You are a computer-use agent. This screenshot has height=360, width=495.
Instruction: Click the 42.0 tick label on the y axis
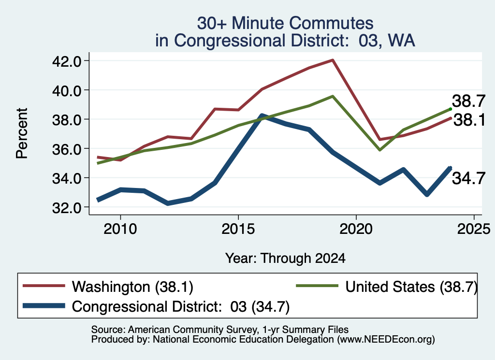pyautogui.click(x=66, y=61)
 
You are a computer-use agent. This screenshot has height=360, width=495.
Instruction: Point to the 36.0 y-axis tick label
pyautogui.click(x=66, y=149)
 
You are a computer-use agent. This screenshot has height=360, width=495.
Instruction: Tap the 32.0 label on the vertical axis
pyautogui.click(x=66, y=208)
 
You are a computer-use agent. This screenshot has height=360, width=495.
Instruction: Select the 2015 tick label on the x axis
pyautogui.click(x=238, y=229)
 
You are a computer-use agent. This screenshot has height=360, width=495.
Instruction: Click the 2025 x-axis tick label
pyautogui.click(x=474, y=229)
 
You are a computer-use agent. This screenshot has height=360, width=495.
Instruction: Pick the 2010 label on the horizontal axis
pyautogui.click(x=120, y=229)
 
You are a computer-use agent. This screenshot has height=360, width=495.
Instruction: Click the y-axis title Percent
pyautogui.click(x=22, y=133)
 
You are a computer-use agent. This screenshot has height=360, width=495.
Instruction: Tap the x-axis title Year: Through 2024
pyautogui.click(x=285, y=258)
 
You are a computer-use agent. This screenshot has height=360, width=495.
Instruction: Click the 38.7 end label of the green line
pyautogui.click(x=468, y=101)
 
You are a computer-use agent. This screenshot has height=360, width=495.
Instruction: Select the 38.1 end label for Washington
pyautogui.click(x=469, y=120)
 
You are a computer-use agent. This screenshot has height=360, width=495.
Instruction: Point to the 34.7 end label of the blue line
pyautogui.click(x=468, y=178)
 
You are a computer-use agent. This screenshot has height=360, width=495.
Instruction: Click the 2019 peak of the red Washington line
pyautogui.click(x=333, y=60)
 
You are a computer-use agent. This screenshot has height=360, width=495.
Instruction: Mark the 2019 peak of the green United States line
pyautogui.click(x=333, y=96)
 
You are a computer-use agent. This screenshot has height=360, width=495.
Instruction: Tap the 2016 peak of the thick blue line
pyautogui.click(x=262, y=116)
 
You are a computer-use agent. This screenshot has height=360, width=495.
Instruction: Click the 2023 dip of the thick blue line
pyautogui.click(x=427, y=194)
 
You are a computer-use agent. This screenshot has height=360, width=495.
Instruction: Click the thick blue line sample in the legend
pyautogui.click(x=44, y=306)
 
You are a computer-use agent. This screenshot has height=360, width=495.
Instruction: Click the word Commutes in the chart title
pyautogui.click(x=331, y=23)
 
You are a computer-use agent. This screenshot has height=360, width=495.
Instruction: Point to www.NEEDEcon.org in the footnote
pyautogui.click(x=386, y=340)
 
